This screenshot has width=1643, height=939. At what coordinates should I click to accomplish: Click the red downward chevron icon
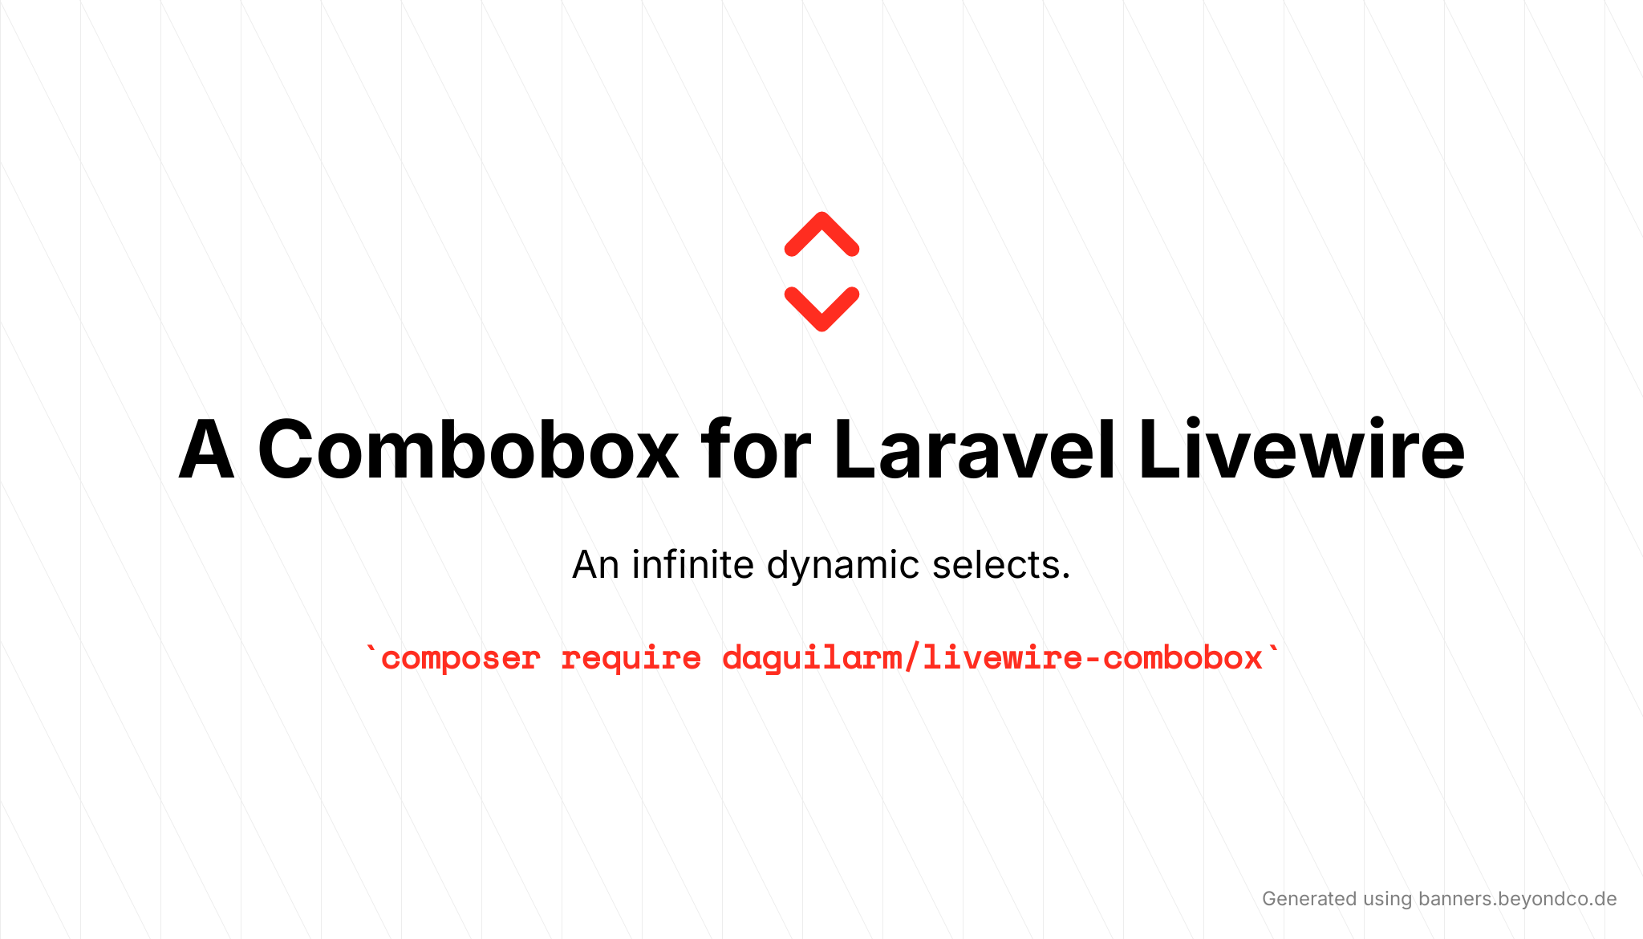click(x=821, y=308)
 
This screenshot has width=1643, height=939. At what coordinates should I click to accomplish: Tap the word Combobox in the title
click(x=468, y=450)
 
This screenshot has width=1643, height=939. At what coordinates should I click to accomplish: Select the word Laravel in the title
click(x=974, y=450)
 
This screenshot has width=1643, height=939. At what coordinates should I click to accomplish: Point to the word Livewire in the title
click(x=1301, y=450)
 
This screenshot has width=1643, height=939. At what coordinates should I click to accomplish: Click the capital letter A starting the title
click(x=206, y=450)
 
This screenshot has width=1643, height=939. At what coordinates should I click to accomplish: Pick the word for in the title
click(x=755, y=450)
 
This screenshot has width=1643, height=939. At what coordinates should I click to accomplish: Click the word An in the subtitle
click(x=595, y=565)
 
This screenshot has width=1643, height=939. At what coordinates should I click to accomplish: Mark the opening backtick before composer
click(x=370, y=652)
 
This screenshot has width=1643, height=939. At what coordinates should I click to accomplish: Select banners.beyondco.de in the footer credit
click(x=1517, y=899)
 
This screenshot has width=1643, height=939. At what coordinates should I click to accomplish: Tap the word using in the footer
click(x=1387, y=900)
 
